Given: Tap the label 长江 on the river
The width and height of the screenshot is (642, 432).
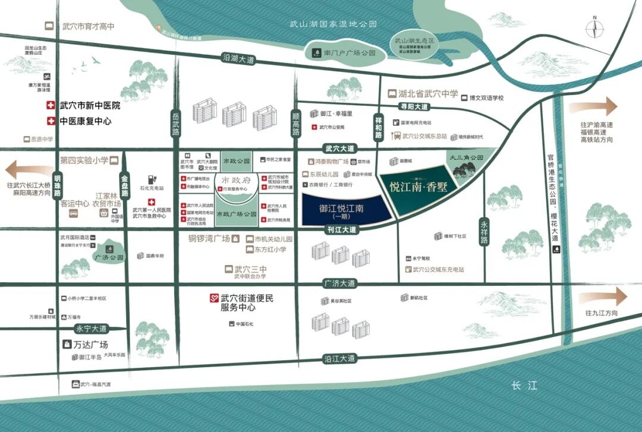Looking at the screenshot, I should [524, 386].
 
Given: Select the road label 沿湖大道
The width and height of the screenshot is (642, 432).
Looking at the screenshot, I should [238, 59].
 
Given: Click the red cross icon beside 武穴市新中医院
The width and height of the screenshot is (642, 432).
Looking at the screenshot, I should [51, 106].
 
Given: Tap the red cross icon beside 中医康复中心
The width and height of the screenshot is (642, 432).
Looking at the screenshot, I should [51, 121].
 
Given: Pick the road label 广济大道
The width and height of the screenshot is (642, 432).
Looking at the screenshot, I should [339, 283].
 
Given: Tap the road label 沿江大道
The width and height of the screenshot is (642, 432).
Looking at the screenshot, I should [339, 358].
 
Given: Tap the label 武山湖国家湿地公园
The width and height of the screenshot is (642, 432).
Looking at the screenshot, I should [333, 24].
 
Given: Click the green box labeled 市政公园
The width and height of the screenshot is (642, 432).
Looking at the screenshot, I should [237, 161].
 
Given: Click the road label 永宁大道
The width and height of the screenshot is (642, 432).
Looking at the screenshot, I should [92, 328].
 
